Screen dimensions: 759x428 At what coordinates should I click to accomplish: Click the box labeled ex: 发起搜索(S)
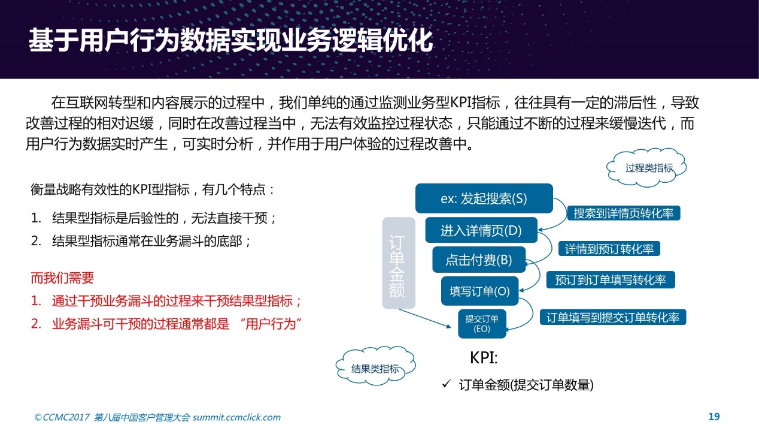pos(484,198)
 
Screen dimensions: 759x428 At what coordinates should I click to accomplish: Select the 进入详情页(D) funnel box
pos(481,230)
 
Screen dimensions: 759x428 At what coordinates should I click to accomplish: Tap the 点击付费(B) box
pos(479,260)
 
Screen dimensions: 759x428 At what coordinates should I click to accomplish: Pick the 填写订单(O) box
pos(480,291)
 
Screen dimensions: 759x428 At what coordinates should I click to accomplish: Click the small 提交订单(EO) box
pos(482,324)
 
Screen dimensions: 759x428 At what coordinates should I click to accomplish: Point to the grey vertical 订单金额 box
pos(399,263)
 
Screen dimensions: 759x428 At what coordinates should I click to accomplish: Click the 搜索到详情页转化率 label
pos(624,213)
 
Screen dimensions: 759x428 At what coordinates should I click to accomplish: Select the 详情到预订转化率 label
pos(609,249)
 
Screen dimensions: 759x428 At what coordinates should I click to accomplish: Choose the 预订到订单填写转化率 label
pos(610,280)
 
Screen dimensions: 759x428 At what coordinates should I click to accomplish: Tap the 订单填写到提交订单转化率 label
pos(612,317)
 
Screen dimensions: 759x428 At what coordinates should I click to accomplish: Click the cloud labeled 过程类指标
pos(646,168)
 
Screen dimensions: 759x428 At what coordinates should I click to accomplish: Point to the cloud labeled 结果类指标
pos(375,366)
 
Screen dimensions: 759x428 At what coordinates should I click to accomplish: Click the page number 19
pos(714,417)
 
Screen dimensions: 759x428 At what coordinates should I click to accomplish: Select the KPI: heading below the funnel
pos(484,357)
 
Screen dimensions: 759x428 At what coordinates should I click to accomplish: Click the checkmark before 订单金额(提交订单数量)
pos(447,384)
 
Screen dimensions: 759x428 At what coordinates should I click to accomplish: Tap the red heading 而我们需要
pos(62,278)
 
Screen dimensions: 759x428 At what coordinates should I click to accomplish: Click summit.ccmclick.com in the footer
pos(236,417)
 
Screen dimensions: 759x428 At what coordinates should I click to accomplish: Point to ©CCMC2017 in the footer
pos(62,417)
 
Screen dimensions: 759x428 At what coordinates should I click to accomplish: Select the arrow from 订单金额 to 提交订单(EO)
pos(425,318)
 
